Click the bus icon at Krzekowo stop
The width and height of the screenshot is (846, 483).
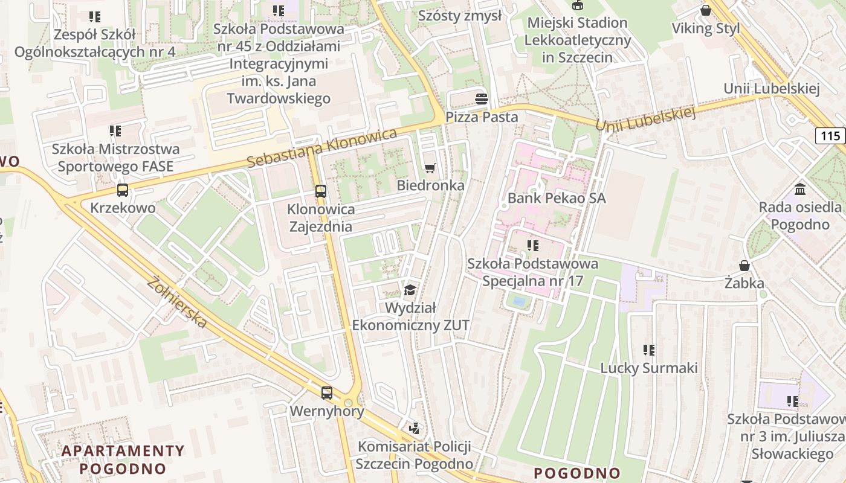[123, 190]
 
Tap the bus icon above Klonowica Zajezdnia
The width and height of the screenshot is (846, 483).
[320, 191]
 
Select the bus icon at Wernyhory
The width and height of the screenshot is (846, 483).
[327, 392]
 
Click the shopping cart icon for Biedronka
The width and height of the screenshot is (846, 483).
[430, 168]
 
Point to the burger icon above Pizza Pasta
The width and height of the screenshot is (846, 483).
[482, 98]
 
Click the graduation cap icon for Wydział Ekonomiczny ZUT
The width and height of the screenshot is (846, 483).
[410, 290]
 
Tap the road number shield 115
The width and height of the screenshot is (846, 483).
[830, 136]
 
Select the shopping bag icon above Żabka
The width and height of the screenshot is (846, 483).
[744, 266]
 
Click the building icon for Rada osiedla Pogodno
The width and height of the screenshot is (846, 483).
[800, 190]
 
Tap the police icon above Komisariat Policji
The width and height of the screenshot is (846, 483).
[414, 429]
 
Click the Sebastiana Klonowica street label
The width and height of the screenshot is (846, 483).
[321, 148]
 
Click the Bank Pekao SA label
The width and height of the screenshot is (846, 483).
[556, 198]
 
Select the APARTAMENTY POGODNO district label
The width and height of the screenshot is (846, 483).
[123, 459]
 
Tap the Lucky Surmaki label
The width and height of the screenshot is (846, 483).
[649, 368]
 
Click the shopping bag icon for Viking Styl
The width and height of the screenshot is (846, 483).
[705, 10]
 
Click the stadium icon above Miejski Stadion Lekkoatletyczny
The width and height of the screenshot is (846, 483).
[578, 5]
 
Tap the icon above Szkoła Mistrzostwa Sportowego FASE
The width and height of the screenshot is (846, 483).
[115, 130]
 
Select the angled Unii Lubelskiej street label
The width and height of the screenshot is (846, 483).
[646, 119]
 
